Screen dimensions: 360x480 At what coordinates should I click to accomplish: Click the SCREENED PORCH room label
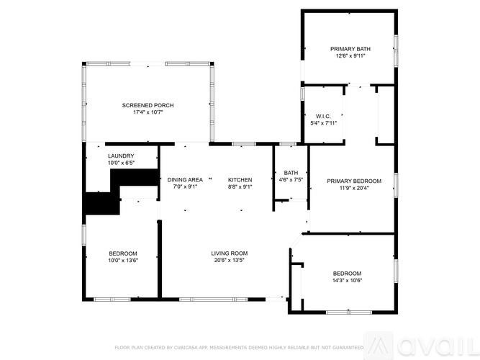point(148,105)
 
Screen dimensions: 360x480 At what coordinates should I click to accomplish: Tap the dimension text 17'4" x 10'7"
point(148,112)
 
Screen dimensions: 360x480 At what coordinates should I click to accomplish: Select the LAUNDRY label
point(121,156)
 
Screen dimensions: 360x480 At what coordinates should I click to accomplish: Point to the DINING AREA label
point(185,179)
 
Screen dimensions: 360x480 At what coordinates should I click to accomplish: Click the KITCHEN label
point(240,179)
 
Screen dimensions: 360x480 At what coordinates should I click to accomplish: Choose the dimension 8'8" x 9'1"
point(240,186)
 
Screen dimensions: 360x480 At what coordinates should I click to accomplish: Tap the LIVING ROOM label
point(229,253)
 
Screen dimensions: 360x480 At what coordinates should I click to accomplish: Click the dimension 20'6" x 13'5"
point(229,260)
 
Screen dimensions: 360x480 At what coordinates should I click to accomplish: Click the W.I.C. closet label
point(322,116)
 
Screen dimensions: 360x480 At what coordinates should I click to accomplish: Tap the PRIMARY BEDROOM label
point(354,181)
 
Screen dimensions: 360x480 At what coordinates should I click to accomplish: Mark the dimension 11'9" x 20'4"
point(354,188)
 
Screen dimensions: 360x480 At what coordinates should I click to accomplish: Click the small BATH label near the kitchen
point(291,172)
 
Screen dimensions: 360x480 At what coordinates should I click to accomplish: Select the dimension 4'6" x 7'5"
point(291,179)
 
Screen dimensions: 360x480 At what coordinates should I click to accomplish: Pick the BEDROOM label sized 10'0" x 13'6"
point(123,253)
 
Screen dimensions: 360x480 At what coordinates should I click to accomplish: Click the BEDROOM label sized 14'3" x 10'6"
point(347,273)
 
